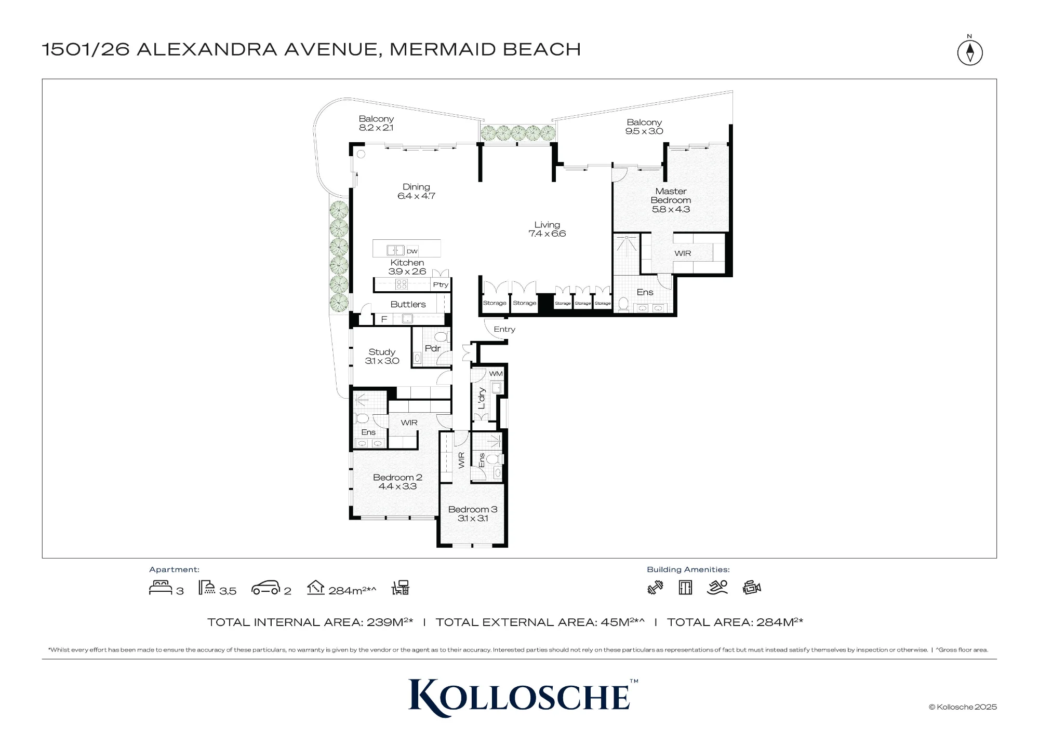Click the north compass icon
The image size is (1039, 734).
970,52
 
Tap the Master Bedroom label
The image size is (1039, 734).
671,196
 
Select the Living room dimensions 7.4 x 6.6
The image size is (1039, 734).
547,234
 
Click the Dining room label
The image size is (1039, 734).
416,187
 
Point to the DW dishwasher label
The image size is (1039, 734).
412,251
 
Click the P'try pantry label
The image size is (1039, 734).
441,284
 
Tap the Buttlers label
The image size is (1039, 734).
408,304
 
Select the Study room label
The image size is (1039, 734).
382,352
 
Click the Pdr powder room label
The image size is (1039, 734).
433,348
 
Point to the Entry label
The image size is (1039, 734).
504,329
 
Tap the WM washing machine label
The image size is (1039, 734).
496,374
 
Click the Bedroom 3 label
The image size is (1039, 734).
473,509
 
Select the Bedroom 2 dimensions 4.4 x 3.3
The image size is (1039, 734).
397,486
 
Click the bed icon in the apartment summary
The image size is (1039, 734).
161,588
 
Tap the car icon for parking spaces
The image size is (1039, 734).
265,588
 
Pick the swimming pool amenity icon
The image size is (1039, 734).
717,587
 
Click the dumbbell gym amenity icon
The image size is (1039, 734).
656,588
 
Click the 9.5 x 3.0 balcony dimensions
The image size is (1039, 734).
644,131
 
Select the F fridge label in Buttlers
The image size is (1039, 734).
384,319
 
